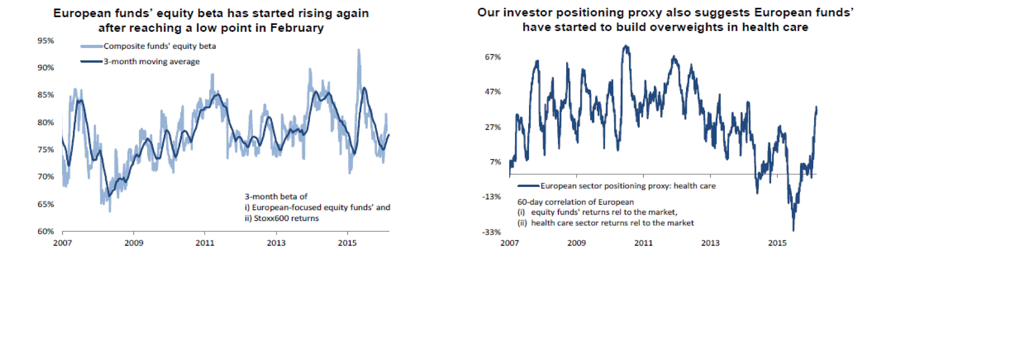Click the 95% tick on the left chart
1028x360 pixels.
46,41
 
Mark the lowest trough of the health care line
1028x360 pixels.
793,230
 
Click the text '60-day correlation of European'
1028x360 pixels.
575,202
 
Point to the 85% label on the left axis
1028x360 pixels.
46,95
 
